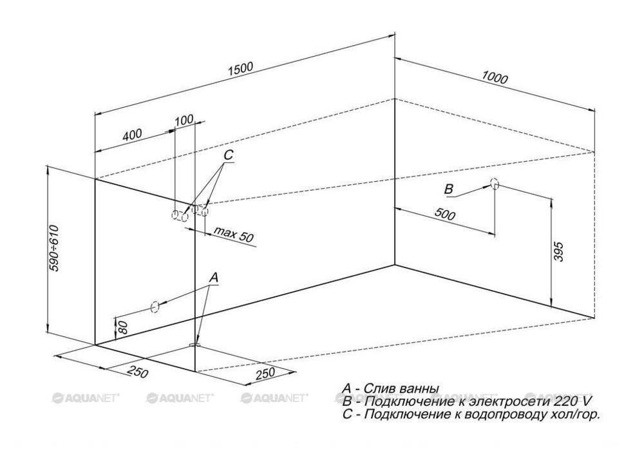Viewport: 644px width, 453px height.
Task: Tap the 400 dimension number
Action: tap(132, 135)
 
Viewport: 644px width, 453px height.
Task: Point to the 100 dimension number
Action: tap(184, 120)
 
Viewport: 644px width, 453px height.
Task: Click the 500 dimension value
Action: tap(442, 215)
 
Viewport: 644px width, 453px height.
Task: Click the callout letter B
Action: tap(450, 189)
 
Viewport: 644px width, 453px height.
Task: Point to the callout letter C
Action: tap(229, 156)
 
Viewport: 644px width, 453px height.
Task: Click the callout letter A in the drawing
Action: tap(215, 277)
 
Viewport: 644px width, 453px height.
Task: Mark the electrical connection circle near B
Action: tap(494, 184)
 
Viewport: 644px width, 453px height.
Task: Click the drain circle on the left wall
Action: tap(155, 307)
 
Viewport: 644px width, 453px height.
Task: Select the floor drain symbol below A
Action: tap(196, 346)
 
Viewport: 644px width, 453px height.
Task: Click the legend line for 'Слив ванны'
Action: tap(391, 389)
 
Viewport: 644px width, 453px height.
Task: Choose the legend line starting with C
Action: tap(471, 415)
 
